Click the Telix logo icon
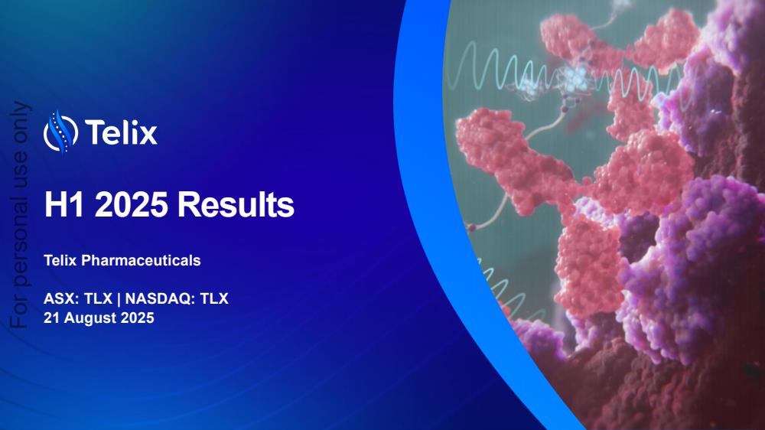pos(60,132)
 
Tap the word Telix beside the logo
pos(121,132)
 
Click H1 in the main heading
pos(64,204)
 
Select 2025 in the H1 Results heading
pos(132,204)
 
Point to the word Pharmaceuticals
pos(141,261)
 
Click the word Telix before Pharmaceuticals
pos(60,261)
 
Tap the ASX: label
pos(61,298)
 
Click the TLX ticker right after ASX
pos(98,298)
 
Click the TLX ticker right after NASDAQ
pos(214,298)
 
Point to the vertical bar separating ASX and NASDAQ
pos(119,298)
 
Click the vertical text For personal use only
pos(21,215)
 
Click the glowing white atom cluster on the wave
pos(576,77)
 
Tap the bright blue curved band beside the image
pos(439,195)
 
